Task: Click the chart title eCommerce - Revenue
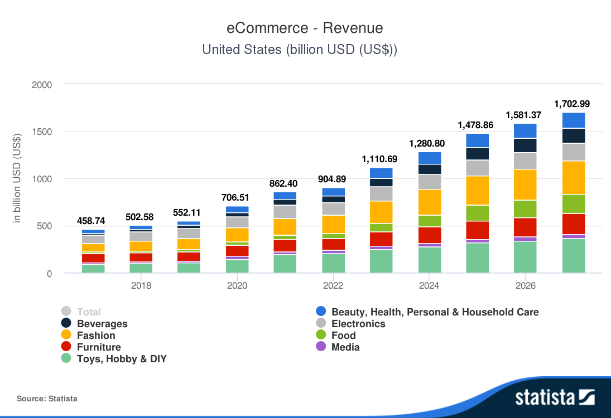tap(305, 28)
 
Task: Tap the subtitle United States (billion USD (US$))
tap(300, 50)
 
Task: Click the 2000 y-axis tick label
tap(42, 85)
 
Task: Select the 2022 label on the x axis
tap(333, 286)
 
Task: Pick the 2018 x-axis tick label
tap(141, 286)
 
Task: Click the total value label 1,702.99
tap(572, 104)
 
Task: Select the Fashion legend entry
tap(96, 336)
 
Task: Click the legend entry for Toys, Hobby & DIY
tap(122, 359)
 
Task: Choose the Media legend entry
tap(345, 347)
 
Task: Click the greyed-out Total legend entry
tap(89, 312)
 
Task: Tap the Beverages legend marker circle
tap(66, 324)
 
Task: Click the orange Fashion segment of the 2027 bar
tap(574, 177)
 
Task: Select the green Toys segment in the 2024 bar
tap(430, 260)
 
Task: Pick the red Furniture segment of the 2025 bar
tap(478, 230)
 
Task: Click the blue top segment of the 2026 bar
tap(525, 131)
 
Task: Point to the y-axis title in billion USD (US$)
tap(17, 179)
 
